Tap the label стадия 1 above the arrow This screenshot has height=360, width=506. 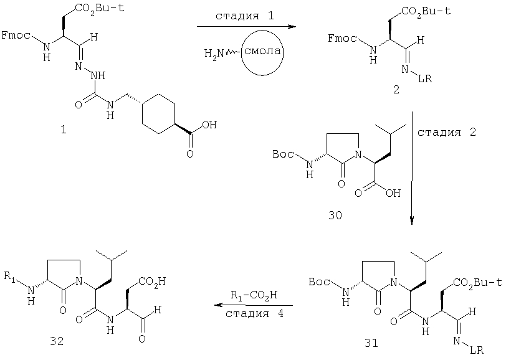(244, 16)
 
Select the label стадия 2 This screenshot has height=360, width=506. (447, 132)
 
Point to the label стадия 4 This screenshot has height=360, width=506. (255, 313)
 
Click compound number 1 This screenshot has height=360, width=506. (64, 130)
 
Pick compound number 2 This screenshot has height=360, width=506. (396, 90)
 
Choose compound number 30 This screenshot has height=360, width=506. (335, 215)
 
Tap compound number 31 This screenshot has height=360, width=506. (371, 343)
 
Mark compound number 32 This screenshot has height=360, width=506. (57, 341)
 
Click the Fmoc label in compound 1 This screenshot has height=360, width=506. (16, 35)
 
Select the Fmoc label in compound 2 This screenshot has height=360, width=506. (342, 39)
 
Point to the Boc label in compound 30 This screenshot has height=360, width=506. (283, 154)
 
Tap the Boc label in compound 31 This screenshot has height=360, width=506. (319, 282)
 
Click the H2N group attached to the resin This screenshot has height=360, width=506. (214, 53)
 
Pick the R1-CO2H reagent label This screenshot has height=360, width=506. (254, 295)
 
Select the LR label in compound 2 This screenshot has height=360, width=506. (425, 78)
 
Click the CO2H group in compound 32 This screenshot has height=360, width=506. (151, 282)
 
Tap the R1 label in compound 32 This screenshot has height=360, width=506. (9, 277)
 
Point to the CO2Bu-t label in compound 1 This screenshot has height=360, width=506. (99, 8)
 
